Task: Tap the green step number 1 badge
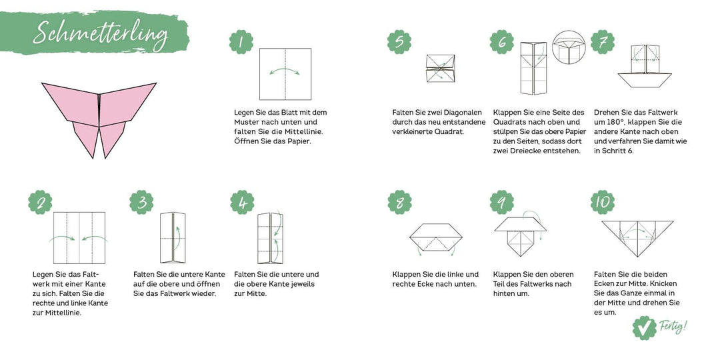[x=241, y=42]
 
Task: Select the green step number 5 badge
[x=399, y=42]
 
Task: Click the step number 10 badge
[x=603, y=201]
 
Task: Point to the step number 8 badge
[x=399, y=202]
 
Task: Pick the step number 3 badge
[x=141, y=202]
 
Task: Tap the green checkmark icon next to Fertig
[x=644, y=328]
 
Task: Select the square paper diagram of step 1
[x=285, y=74]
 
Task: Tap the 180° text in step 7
[x=606, y=122]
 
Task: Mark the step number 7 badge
[x=603, y=42]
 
